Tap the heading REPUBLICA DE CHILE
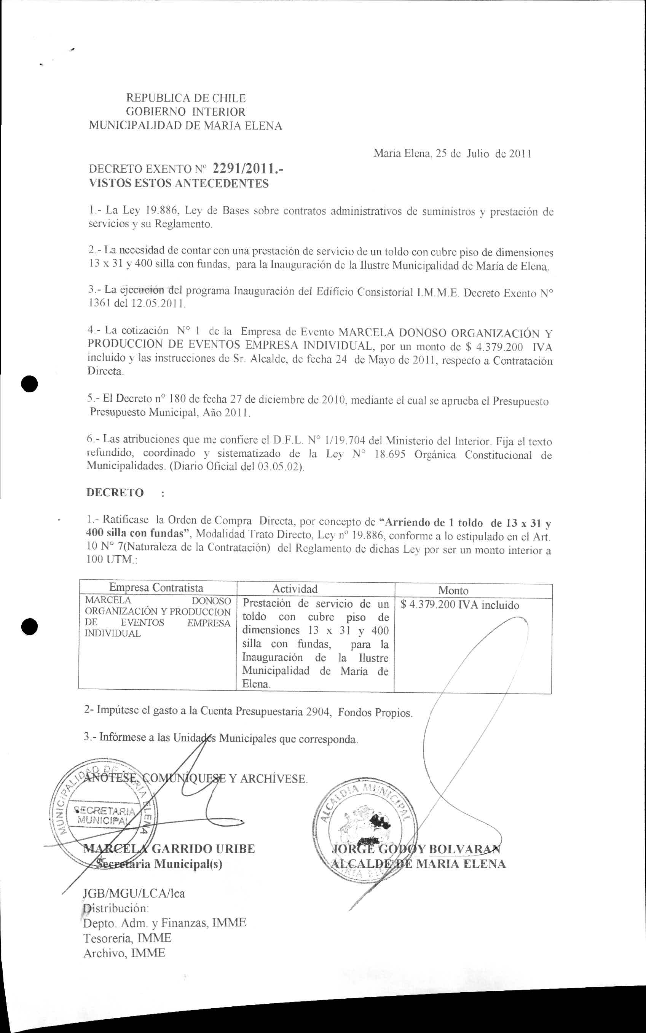pos(186,98)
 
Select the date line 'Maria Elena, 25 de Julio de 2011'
pos(452,154)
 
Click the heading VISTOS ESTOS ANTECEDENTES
pos(178,184)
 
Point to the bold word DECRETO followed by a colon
pos(115,493)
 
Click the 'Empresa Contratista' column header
pos(156,587)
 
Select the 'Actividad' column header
pos(295,589)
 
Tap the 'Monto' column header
pos(453,590)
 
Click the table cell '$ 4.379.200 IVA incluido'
pos(460,605)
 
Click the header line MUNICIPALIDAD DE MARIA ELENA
pos(185,126)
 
